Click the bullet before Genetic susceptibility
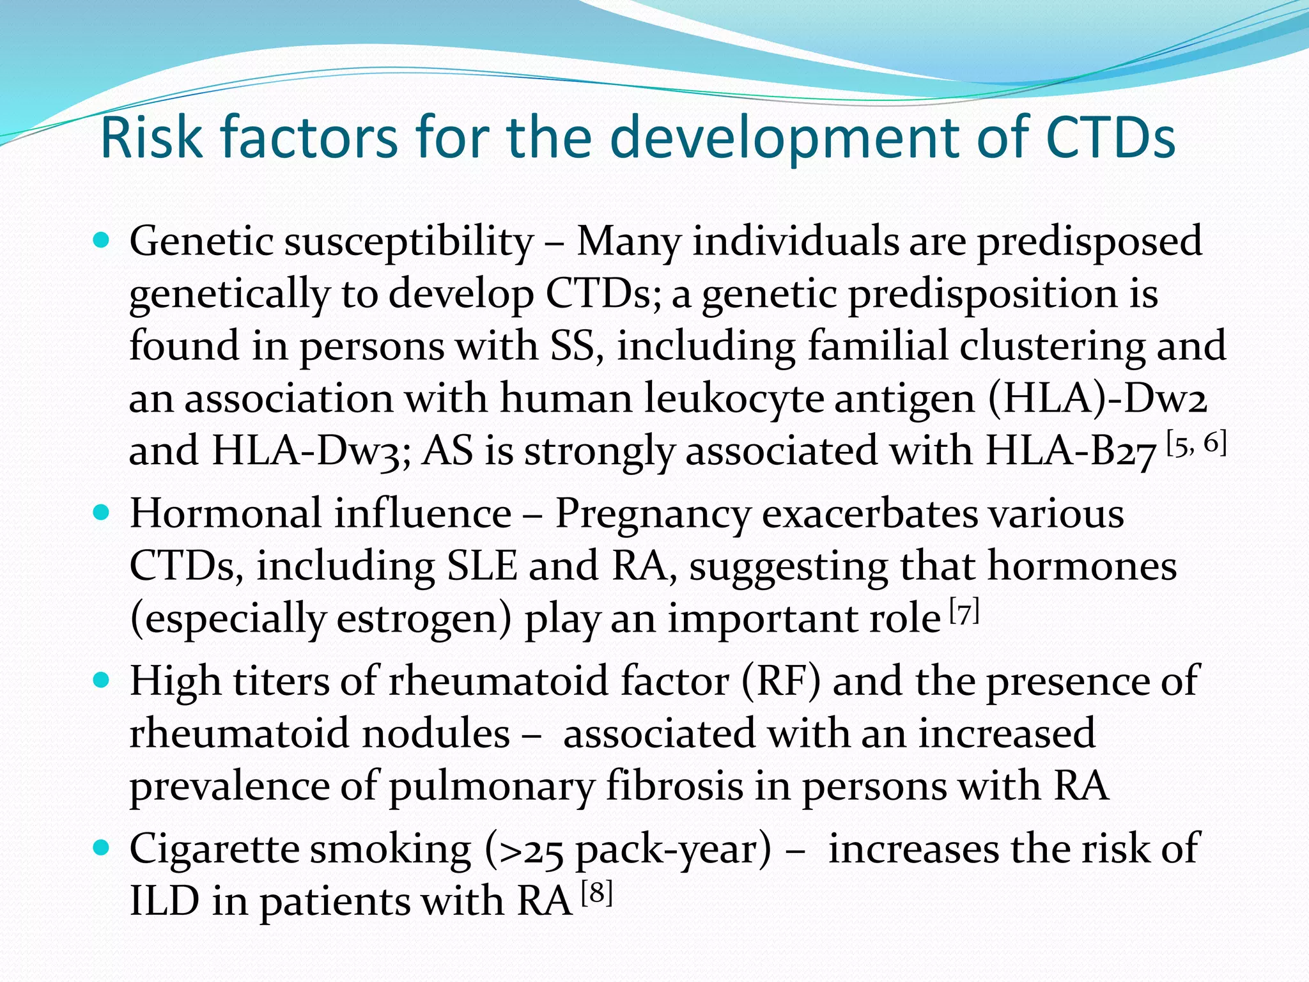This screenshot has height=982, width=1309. pyautogui.click(x=102, y=241)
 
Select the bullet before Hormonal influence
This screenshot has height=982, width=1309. pyautogui.click(x=102, y=513)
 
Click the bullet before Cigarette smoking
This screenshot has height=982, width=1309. pyautogui.click(x=102, y=848)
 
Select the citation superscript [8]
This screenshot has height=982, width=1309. pyautogui.click(x=597, y=892)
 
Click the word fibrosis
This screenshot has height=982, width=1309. pyautogui.click(x=674, y=786)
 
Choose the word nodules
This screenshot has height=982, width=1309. pyautogui.click(x=435, y=734)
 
